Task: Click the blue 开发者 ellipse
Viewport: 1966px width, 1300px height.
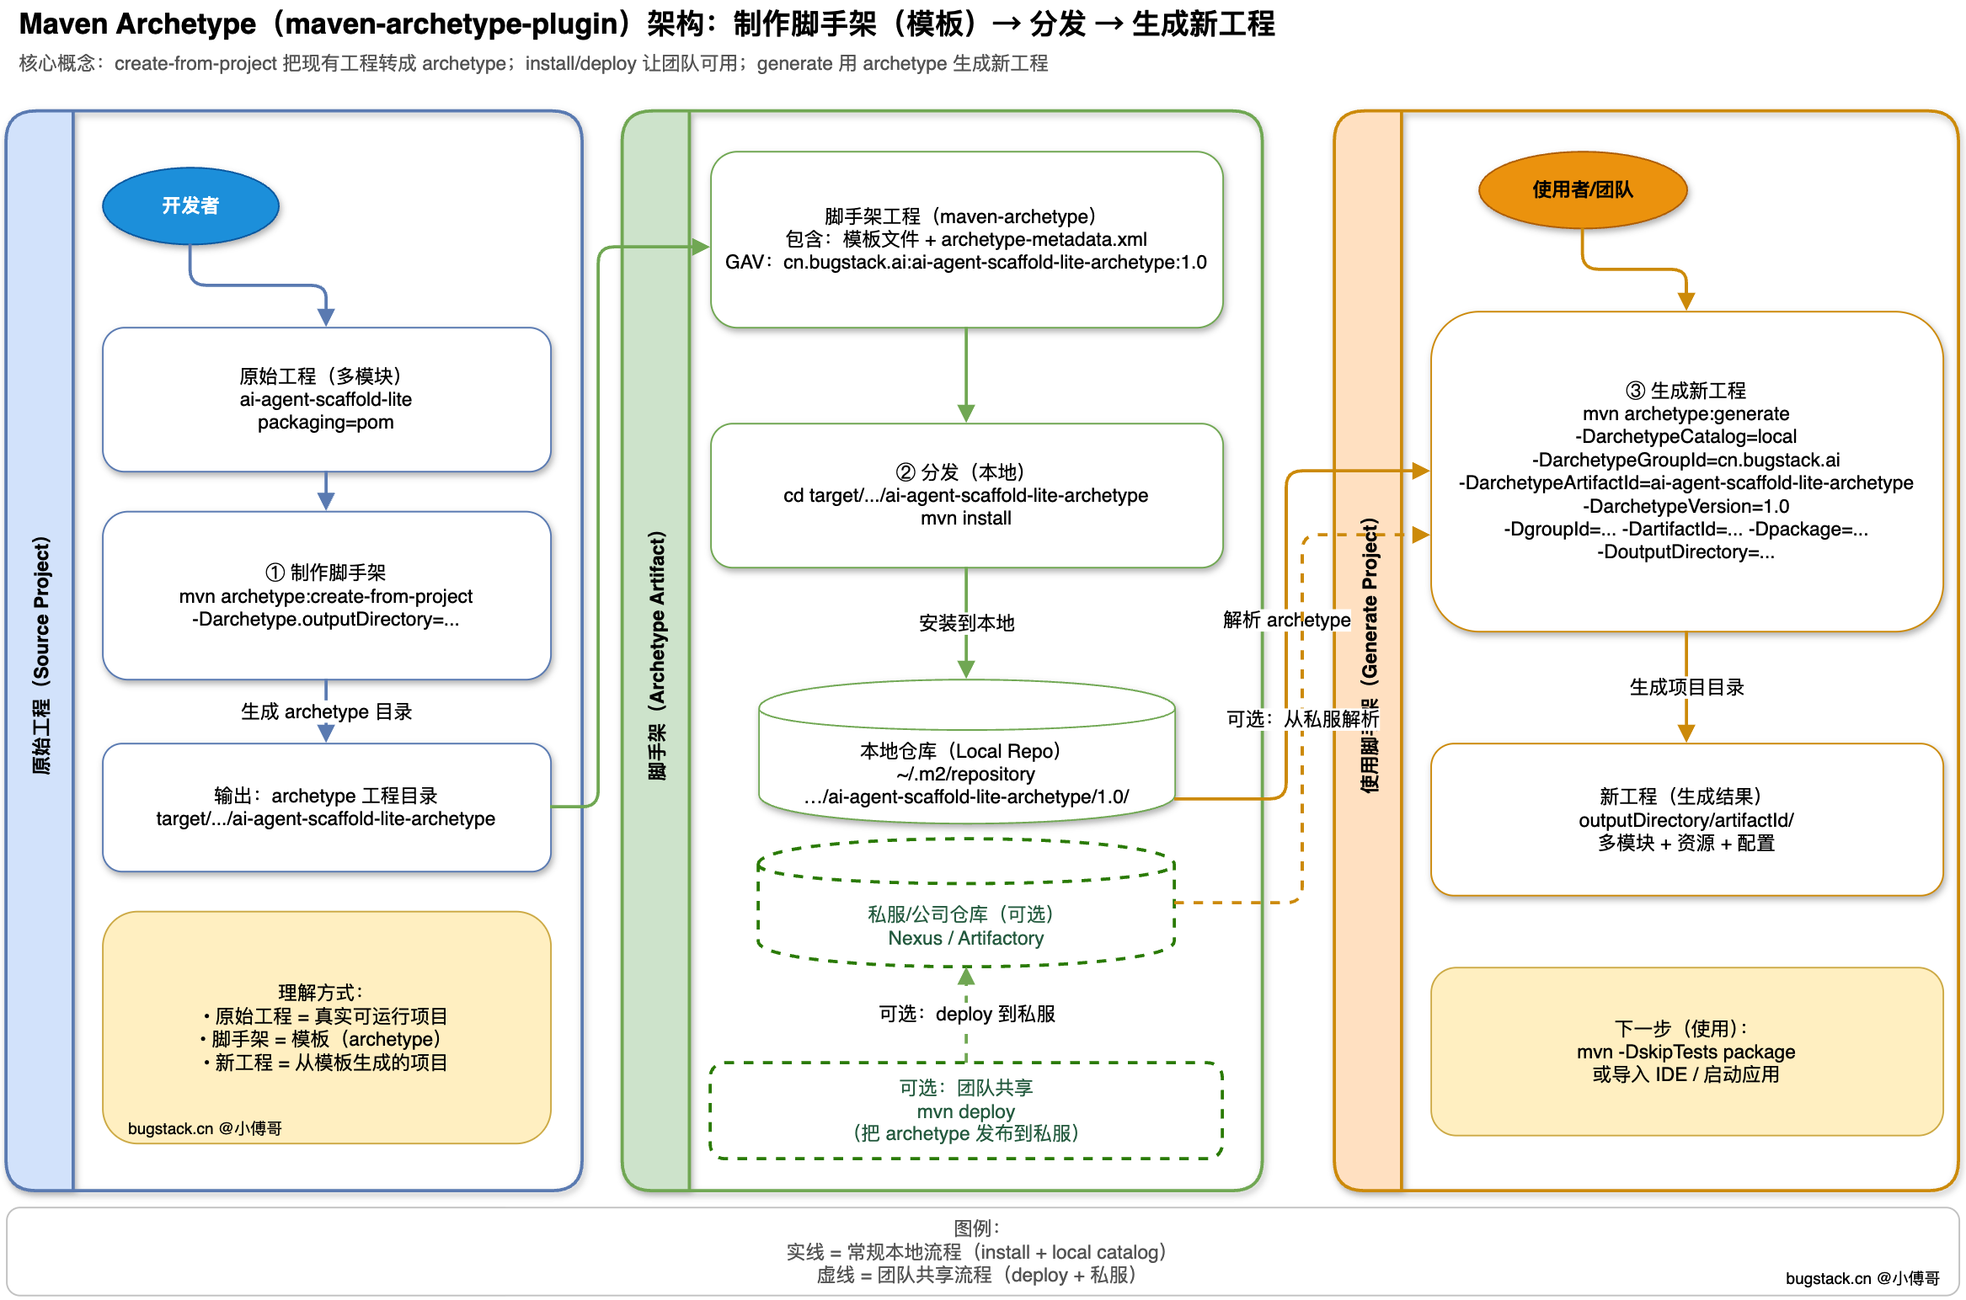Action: (190, 206)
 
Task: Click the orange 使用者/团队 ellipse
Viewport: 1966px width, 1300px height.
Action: (1583, 190)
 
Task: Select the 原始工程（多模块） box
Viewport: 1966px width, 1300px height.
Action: (326, 399)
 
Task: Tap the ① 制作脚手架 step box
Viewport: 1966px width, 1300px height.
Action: (326, 595)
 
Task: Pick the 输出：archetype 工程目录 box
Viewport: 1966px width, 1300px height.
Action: (326, 807)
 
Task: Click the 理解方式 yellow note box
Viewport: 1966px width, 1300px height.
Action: (326, 1026)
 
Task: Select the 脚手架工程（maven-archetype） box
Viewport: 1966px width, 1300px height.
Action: (966, 239)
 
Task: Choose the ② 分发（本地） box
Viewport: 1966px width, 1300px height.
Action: (966, 495)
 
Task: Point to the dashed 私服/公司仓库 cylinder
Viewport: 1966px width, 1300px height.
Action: (966, 925)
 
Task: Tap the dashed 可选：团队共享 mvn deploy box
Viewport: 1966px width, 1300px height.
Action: (966, 1111)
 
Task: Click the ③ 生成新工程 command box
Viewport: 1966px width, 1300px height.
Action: (1686, 471)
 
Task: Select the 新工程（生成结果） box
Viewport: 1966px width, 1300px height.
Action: (1686, 819)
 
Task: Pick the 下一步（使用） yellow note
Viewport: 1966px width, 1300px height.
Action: (1686, 1051)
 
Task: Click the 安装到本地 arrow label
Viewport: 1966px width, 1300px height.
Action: (966, 623)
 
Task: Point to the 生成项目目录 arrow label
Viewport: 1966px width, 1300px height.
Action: (1686, 687)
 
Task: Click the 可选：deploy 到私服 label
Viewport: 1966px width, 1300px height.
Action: (966, 1014)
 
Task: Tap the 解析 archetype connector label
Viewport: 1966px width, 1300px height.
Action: (1286, 620)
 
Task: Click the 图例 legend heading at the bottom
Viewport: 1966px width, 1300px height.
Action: (976, 1228)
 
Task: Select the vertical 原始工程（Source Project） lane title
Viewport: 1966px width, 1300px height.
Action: (41, 655)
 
